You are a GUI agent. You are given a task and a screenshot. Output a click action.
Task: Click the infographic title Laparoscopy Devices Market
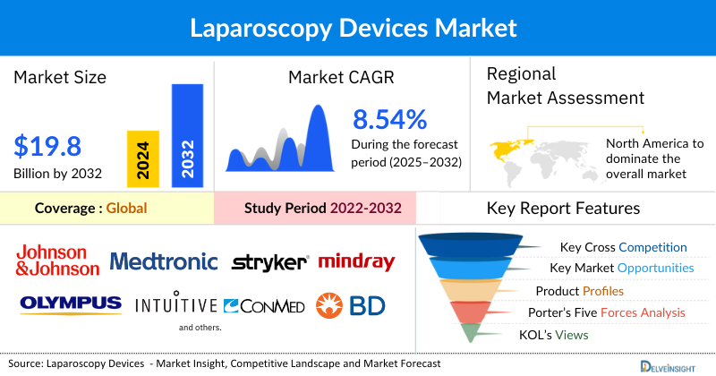click(x=358, y=28)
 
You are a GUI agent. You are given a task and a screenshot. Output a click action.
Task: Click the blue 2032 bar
click(x=187, y=135)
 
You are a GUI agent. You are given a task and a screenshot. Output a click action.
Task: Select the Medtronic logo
click(x=164, y=261)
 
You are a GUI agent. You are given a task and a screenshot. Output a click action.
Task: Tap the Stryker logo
click(x=269, y=262)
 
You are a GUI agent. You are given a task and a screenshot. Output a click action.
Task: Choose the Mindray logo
click(x=356, y=261)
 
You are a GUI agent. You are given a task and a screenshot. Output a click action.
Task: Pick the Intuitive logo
click(x=176, y=305)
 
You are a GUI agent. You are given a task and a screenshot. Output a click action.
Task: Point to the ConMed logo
click(x=264, y=306)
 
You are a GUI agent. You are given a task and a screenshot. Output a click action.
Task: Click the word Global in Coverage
click(x=126, y=209)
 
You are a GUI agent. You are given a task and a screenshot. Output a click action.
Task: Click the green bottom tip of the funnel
click(x=467, y=333)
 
